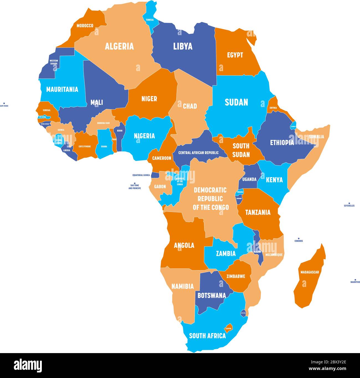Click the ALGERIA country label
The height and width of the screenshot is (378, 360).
click(x=119, y=46)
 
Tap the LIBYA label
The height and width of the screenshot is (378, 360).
click(x=183, y=46)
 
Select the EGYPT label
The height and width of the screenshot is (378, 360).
click(x=235, y=55)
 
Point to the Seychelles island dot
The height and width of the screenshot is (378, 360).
click(x=349, y=203)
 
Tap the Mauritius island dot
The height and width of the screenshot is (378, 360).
click(x=355, y=279)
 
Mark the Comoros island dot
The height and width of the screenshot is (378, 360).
click(x=299, y=238)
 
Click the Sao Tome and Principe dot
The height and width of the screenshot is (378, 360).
click(x=135, y=183)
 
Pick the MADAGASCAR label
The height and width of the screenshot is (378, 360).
click(x=310, y=272)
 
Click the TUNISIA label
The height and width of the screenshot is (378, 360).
click(x=150, y=20)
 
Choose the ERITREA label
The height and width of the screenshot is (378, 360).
click(x=273, y=108)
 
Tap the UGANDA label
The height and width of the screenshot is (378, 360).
click(x=249, y=179)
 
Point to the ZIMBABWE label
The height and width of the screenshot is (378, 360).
click(x=236, y=276)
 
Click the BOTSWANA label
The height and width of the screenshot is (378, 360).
click(x=212, y=296)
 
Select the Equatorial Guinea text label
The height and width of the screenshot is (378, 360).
click(x=141, y=175)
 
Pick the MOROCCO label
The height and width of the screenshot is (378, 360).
click(x=85, y=26)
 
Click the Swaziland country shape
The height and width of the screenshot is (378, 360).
click(x=243, y=313)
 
